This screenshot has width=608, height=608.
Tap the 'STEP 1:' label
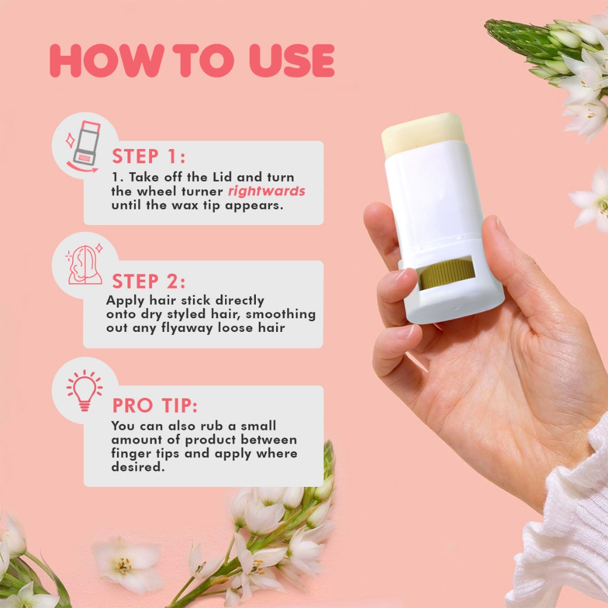[x=149, y=156]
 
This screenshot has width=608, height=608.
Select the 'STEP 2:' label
[x=149, y=281]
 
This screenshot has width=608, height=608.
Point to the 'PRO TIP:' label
[x=155, y=406]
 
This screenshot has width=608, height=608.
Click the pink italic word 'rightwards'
[x=267, y=191]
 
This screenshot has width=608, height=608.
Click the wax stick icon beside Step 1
[x=83, y=146]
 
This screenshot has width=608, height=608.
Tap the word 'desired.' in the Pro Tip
[x=138, y=467]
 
